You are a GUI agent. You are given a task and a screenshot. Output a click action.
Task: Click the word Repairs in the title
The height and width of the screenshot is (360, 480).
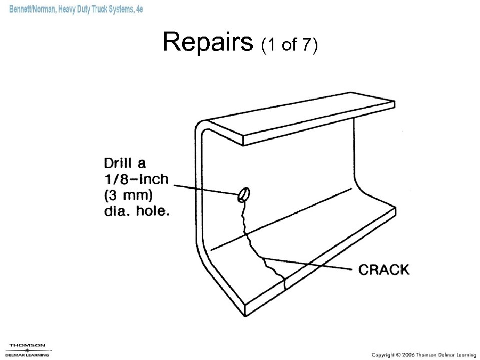click(x=208, y=43)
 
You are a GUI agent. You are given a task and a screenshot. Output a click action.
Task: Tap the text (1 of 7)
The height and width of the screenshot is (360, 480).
click(x=289, y=45)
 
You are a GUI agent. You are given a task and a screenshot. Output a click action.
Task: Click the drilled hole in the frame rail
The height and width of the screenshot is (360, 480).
click(x=244, y=194)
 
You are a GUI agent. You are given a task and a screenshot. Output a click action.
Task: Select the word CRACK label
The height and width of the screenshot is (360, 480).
click(x=384, y=270)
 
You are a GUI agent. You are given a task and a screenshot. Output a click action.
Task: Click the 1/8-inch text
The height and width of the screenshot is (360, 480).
click(x=136, y=179)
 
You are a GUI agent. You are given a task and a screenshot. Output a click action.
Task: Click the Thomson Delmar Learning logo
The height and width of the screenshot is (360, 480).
click(x=28, y=349)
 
